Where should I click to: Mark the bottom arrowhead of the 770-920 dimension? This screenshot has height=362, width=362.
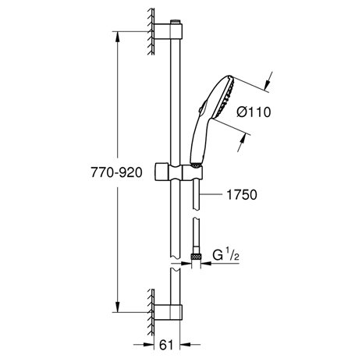click(118, 308)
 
